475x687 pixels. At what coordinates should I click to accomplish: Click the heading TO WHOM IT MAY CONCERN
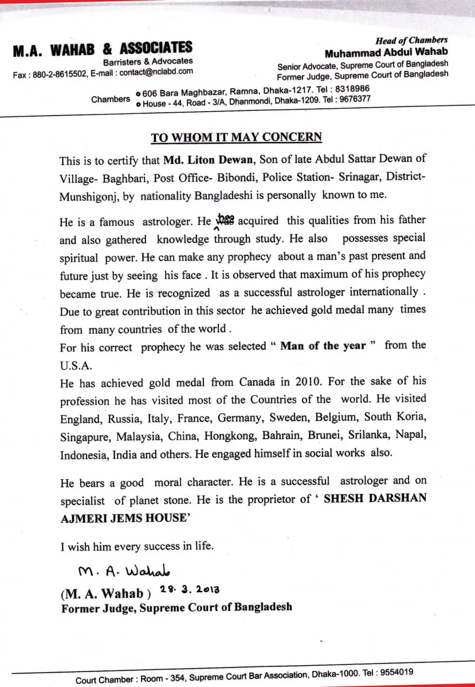[x=236, y=137]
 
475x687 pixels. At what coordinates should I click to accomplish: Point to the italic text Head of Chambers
[x=411, y=40]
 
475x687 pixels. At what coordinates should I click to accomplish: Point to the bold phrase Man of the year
[x=323, y=346]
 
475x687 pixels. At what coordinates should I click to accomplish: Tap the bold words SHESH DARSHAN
[x=375, y=498]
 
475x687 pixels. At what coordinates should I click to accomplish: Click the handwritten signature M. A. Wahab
[x=124, y=571]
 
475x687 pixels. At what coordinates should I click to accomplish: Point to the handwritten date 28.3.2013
[x=192, y=589]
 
